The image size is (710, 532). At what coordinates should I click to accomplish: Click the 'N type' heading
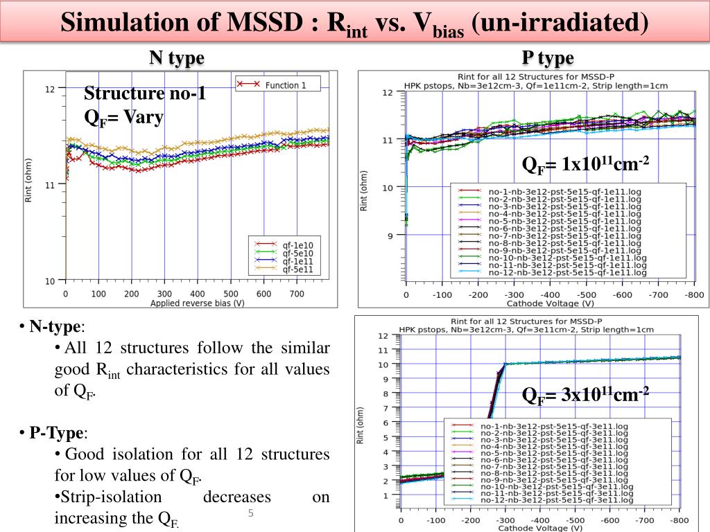coord(177,57)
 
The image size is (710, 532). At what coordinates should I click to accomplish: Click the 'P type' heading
coord(548,57)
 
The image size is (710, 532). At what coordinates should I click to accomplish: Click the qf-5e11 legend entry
coord(297,269)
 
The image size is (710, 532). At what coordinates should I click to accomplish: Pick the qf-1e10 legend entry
coord(297,245)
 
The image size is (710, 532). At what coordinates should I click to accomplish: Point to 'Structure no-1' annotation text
coord(145,94)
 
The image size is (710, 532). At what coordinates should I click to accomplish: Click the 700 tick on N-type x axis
coord(296,294)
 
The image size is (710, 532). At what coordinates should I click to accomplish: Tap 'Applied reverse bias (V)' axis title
coord(197,303)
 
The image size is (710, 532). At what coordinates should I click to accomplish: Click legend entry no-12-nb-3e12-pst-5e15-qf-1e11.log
coord(567,274)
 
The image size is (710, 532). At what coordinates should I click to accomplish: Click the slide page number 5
coord(251,513)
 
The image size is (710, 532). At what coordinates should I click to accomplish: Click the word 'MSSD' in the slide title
coord(268,21)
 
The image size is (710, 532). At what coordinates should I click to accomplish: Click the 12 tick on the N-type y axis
coord(50,89)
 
